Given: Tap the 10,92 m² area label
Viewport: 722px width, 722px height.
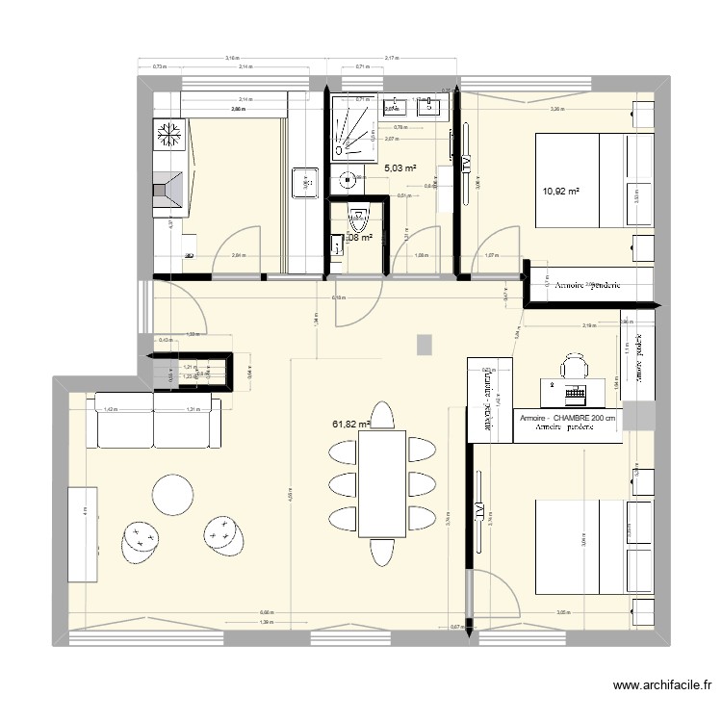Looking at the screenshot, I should click(x=560, y=191).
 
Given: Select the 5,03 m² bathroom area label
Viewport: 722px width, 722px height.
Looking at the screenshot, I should click(x=400, y=168).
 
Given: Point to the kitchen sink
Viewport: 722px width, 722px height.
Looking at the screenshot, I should click(x=305, y=181).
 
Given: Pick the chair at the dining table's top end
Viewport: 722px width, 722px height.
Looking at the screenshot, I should click(x=382, y=415).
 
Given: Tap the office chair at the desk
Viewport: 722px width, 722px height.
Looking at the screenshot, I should click(x=575, y=366).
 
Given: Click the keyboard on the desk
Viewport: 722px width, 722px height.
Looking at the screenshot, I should click(x=576, y=394).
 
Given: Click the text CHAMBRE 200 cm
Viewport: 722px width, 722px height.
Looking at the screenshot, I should click(x=581, y=420).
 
